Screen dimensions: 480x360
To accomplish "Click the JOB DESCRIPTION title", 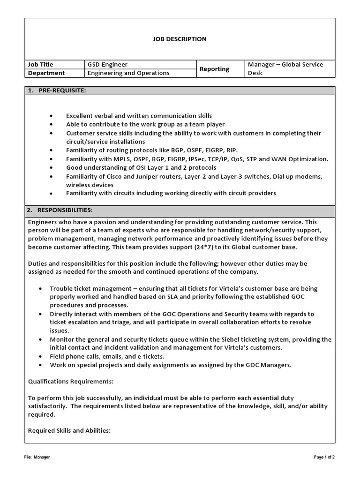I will [x=180, y=39].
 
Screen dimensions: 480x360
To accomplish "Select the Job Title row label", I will [x=41, y=64].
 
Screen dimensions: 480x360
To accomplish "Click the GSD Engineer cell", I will [x=107, y=64].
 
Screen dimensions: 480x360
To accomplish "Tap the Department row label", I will [x=46, y=73].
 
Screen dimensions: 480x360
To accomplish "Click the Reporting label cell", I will [x=214, y=69].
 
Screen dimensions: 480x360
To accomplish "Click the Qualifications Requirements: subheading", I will [x=71, y=382].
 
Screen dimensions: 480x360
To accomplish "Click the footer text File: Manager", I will [x=37, y=457].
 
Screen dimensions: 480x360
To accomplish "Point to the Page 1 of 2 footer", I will [x=324, y=457].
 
